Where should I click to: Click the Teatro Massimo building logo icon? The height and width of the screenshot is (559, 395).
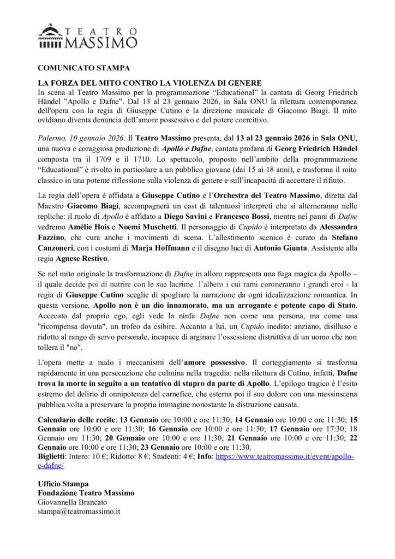(50, 37)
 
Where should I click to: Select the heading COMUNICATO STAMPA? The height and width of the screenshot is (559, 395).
(83, 68)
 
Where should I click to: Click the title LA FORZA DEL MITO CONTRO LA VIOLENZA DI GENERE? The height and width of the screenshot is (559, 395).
(142, 82)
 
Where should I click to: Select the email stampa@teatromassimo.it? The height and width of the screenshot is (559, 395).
(79, 512)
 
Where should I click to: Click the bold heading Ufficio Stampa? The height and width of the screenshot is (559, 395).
(63, 484)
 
